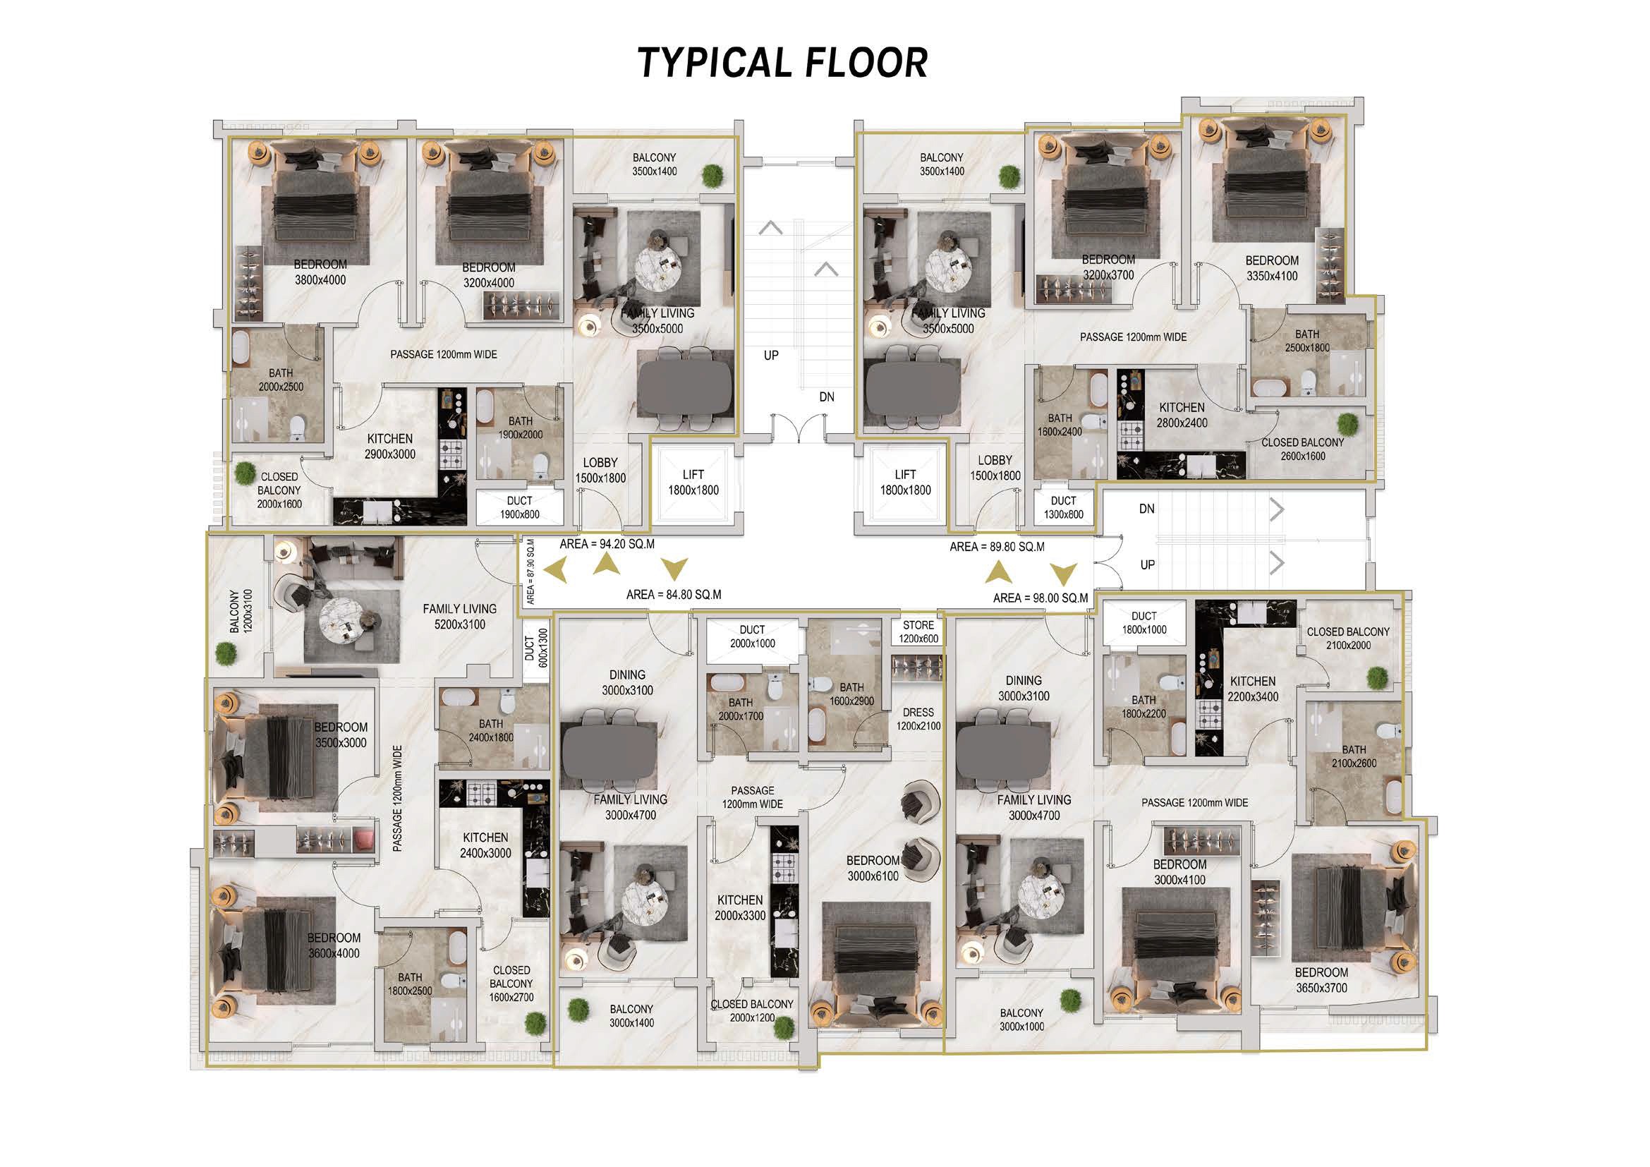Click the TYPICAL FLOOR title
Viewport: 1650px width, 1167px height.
782,63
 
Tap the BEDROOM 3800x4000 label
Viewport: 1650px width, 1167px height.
320,272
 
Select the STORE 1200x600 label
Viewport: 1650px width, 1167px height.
918,631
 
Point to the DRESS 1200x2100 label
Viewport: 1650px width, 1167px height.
918,719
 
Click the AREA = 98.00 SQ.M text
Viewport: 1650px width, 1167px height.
1041,598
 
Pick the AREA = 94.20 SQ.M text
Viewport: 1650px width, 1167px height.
607,544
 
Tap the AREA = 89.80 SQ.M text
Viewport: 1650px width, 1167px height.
997,547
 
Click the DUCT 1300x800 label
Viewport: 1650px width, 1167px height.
1064,507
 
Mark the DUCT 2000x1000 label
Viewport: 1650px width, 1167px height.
753,636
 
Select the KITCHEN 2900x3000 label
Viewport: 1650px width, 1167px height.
390,446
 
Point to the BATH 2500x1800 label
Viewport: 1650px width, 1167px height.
1307,341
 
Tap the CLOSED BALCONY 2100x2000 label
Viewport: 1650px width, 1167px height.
1348,638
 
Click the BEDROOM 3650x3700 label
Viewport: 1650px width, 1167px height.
1321,980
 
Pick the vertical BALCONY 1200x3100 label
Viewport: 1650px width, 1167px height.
241,612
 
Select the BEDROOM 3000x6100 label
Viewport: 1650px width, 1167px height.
873,868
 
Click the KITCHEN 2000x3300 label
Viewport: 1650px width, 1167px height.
740,907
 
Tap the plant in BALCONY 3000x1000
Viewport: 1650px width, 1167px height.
1070,1000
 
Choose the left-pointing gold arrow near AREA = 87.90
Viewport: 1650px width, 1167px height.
554,571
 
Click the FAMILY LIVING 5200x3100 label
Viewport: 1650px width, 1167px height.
459,617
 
